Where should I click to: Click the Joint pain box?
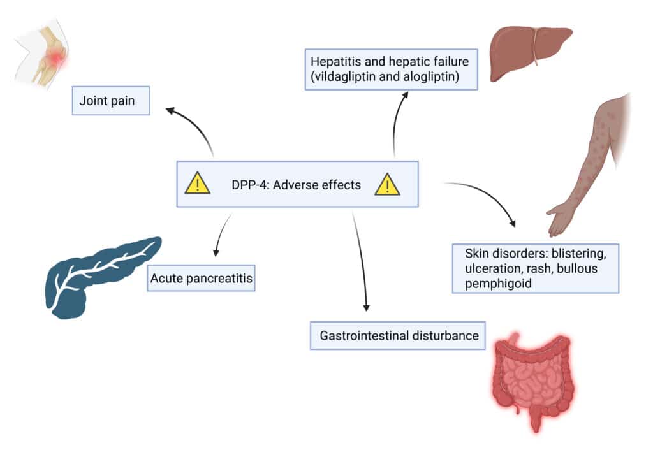coord(111,101)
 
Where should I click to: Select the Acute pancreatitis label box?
coord(201,279)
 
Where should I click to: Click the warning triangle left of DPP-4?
coord(197,184)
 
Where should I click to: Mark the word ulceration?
coord(488,268)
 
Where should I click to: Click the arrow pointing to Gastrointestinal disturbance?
coord(361,261)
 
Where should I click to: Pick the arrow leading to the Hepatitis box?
coord(398,121)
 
